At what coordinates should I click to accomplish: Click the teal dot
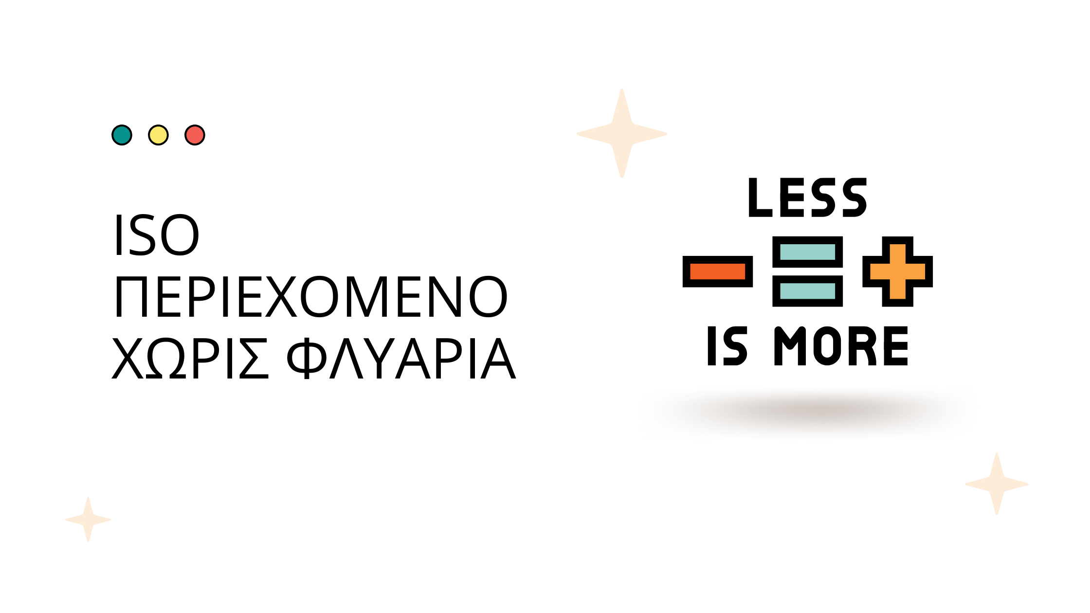click(122, 135)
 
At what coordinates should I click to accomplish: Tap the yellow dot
click(158, 135)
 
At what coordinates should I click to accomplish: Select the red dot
click(195, 135)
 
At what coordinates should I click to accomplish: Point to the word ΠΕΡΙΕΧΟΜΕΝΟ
click(311, 296)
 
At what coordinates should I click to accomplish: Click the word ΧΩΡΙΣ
click(190, 358)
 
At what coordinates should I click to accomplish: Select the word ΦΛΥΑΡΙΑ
click(401, 358)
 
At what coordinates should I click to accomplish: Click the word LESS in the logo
click(808, 198)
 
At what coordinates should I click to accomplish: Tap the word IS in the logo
click(727, 346)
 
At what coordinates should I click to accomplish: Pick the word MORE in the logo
click(841, 346)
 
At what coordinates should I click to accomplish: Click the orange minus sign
click(718, 271)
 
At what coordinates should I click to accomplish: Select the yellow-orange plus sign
click(898, 271)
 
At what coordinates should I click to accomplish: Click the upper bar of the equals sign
click(808, 252)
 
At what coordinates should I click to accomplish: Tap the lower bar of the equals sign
click(808, 291)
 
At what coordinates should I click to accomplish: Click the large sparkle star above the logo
click(622, 133)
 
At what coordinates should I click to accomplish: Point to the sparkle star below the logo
click(997, 484)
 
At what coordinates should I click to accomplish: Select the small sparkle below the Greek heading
click(88, 520)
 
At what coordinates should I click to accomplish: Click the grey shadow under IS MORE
click(808, 412)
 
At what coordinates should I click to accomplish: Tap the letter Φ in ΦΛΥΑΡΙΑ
click(306, 358)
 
